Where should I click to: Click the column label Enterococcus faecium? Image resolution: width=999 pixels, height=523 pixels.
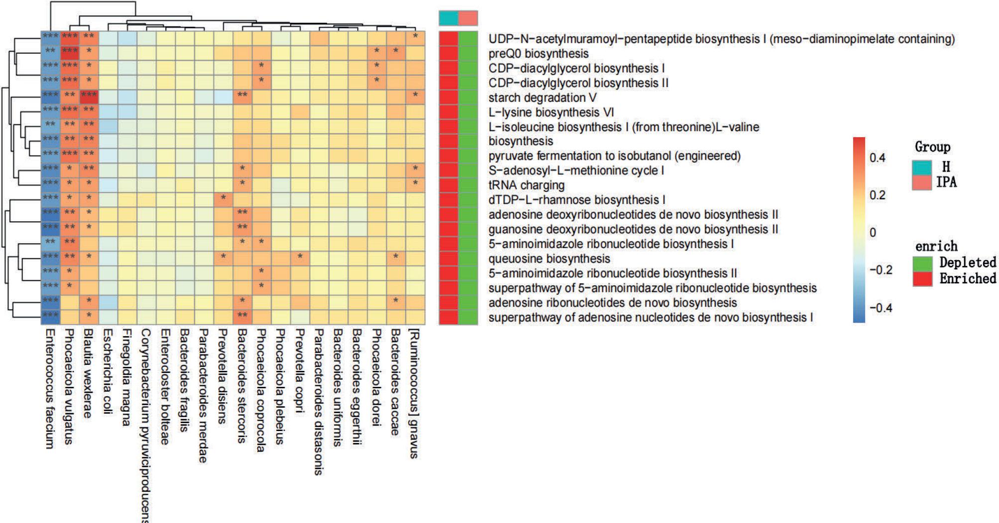(x=49, y=388)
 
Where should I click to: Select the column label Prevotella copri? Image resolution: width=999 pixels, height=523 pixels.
(x=299, y=370)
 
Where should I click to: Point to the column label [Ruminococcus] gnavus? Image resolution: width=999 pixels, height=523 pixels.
(x=414, y=393)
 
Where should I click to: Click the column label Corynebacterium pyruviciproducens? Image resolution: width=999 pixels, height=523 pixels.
(x=145, y=425)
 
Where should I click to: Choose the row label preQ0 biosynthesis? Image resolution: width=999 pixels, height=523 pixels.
(x=538, y=54)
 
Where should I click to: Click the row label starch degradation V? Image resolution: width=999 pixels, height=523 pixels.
(x=542, y=98)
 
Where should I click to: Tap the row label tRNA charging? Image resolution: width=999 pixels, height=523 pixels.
(x=526, y=185)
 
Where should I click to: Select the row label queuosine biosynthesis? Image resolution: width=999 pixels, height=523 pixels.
(x=549, y=259)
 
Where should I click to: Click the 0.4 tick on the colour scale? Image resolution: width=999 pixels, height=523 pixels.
(x=877, y=158)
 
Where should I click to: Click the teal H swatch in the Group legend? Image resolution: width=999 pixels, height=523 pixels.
(x=922, y=168)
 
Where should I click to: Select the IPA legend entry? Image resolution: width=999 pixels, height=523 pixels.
(x=945, y=182)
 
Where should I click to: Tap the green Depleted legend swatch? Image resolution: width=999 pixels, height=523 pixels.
(x=922, y=263)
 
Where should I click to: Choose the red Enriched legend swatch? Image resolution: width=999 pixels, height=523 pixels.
(x=922, y=279)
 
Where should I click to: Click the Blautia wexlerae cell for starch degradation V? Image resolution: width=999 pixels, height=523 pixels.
(x=89, y=95)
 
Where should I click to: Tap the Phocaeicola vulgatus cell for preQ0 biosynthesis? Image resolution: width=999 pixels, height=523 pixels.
(x=69, y=51)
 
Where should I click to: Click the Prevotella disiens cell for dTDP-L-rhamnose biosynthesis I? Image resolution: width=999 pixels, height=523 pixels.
(x=223, y=198)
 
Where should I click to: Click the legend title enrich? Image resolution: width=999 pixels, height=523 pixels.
(x=936, y=247)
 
